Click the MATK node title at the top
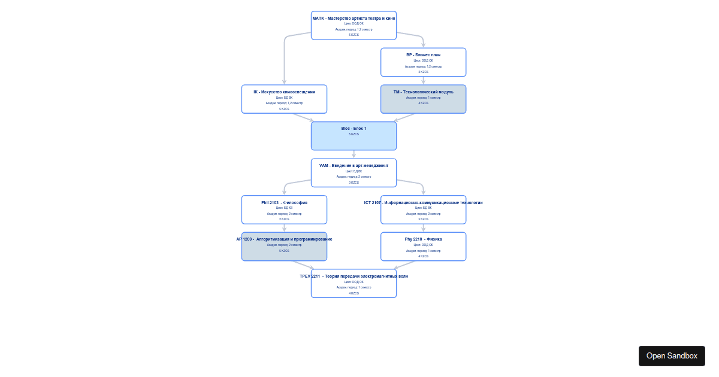354,18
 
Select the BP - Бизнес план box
423,62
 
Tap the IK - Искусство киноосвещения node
284,99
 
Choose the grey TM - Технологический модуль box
423,99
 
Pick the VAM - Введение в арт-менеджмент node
354,173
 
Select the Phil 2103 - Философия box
284,209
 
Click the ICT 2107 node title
423,203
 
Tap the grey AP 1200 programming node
284,247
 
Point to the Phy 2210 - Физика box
423,247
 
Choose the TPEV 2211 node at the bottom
354,284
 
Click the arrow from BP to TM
423,80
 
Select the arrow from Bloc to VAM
354,154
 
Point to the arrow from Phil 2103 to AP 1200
284,228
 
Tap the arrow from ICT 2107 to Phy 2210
423,228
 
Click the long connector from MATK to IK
284,60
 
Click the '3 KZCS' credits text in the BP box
423,72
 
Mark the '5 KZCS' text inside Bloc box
354,134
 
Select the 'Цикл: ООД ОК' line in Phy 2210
423,245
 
